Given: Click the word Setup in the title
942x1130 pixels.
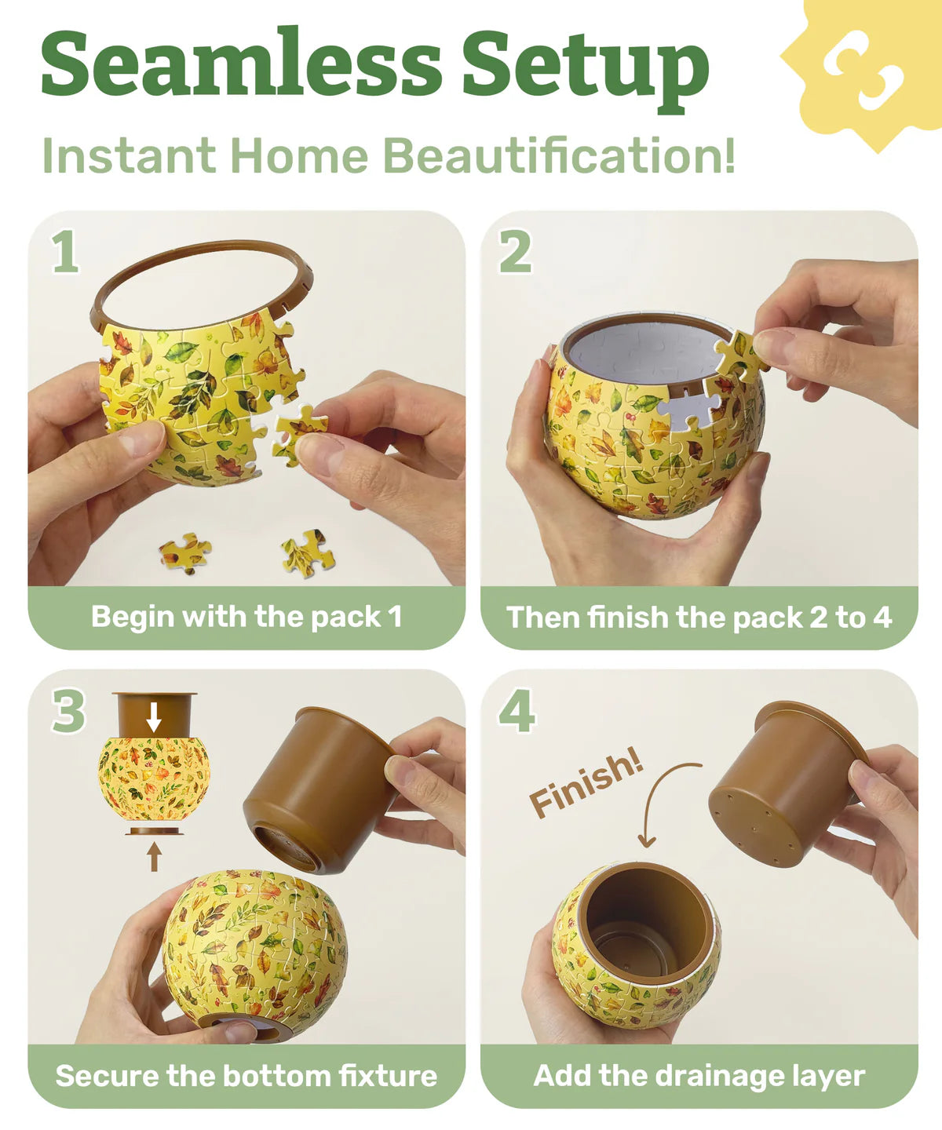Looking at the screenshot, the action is click(586, 69).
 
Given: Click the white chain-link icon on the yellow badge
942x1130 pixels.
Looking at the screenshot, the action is click(863, 69).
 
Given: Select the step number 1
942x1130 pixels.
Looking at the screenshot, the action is click(65, 251).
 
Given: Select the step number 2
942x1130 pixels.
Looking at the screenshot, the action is click(515, 251).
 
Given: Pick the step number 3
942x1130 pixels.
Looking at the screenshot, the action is click(69, 711).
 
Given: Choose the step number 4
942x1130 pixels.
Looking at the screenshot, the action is click(517, 711).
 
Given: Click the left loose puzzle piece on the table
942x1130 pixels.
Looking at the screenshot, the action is click(185, 552).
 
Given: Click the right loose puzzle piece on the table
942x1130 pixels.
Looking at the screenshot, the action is click(308, 552).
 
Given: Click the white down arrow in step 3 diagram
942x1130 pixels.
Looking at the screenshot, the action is click(154, 717).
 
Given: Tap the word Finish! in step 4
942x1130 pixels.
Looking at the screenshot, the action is click(586, 782).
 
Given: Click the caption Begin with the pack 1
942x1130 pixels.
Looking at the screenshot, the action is click(246, 617).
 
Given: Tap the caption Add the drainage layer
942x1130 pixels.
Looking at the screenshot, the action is click(699, 1075).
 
